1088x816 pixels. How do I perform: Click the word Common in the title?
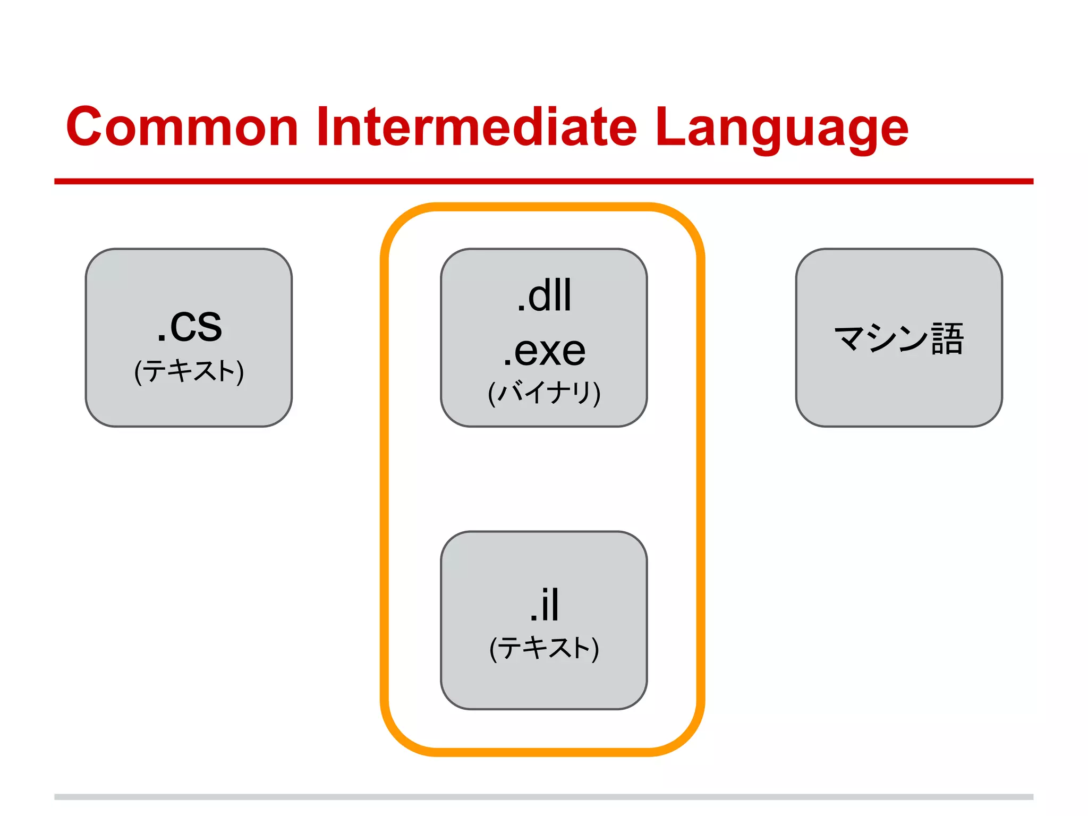(182, 127)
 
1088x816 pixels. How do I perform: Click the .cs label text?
(189, 325)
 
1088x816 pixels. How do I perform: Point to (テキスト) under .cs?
(189, 371)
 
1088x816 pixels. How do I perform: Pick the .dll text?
(544, 295)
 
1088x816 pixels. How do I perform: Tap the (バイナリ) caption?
(544, 393)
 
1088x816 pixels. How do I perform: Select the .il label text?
(544, 605)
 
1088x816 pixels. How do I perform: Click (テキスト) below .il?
(544, 648)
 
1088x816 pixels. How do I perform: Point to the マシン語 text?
(899, 338)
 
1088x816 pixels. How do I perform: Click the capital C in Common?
(85, 127)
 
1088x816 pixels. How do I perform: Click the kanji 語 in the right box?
(948, 338)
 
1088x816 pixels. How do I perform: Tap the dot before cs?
(161, 338)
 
